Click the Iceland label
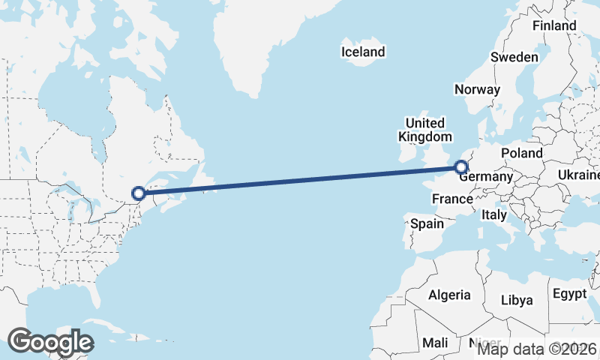click(362, 52)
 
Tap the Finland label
click(554, 25)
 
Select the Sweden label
click(514, 57)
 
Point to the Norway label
click(477, 89)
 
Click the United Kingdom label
click(424, 130)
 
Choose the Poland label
click(522, 153)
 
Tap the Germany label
click(485, 178)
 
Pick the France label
click(453, 199)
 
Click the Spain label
click(428, 223)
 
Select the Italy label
click(494, 214)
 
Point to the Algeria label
click(449, 295)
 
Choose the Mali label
click(435, 342)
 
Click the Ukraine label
click(578, 175)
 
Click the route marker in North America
click(138, 193)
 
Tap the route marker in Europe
click(461, 168)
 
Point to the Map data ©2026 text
click(537, 349)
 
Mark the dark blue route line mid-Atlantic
click(300, 181)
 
